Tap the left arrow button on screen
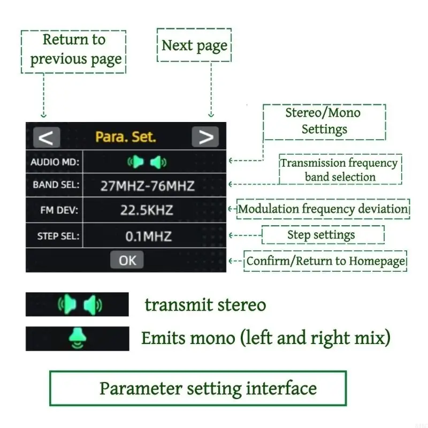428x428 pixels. (x=47, y=137)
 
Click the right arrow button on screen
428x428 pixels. (x=205, y=137)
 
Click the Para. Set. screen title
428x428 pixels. (x=126, y=137)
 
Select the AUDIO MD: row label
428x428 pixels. (x=55, y=162)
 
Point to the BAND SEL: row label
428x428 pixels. (x=56, y=185)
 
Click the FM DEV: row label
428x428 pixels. (x=59, y=210)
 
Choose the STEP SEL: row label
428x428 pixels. (x=58, y=236)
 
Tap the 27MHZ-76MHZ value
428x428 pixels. (x=148, y=186)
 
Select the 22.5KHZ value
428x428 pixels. (x=147, y=210)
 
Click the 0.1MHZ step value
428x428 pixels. (x=149, y=236)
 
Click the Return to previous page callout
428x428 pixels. (x=73, y=51)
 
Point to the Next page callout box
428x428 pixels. (x=194, y=45)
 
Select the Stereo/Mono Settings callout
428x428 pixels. (x=324, y=122)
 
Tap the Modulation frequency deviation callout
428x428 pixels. (x=323, y=209)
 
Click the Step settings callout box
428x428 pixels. (x=323, y=235)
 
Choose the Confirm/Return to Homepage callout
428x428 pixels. (x=325, y=261)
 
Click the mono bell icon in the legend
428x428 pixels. (x=78, y=338)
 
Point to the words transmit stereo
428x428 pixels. (x=205, y=304)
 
